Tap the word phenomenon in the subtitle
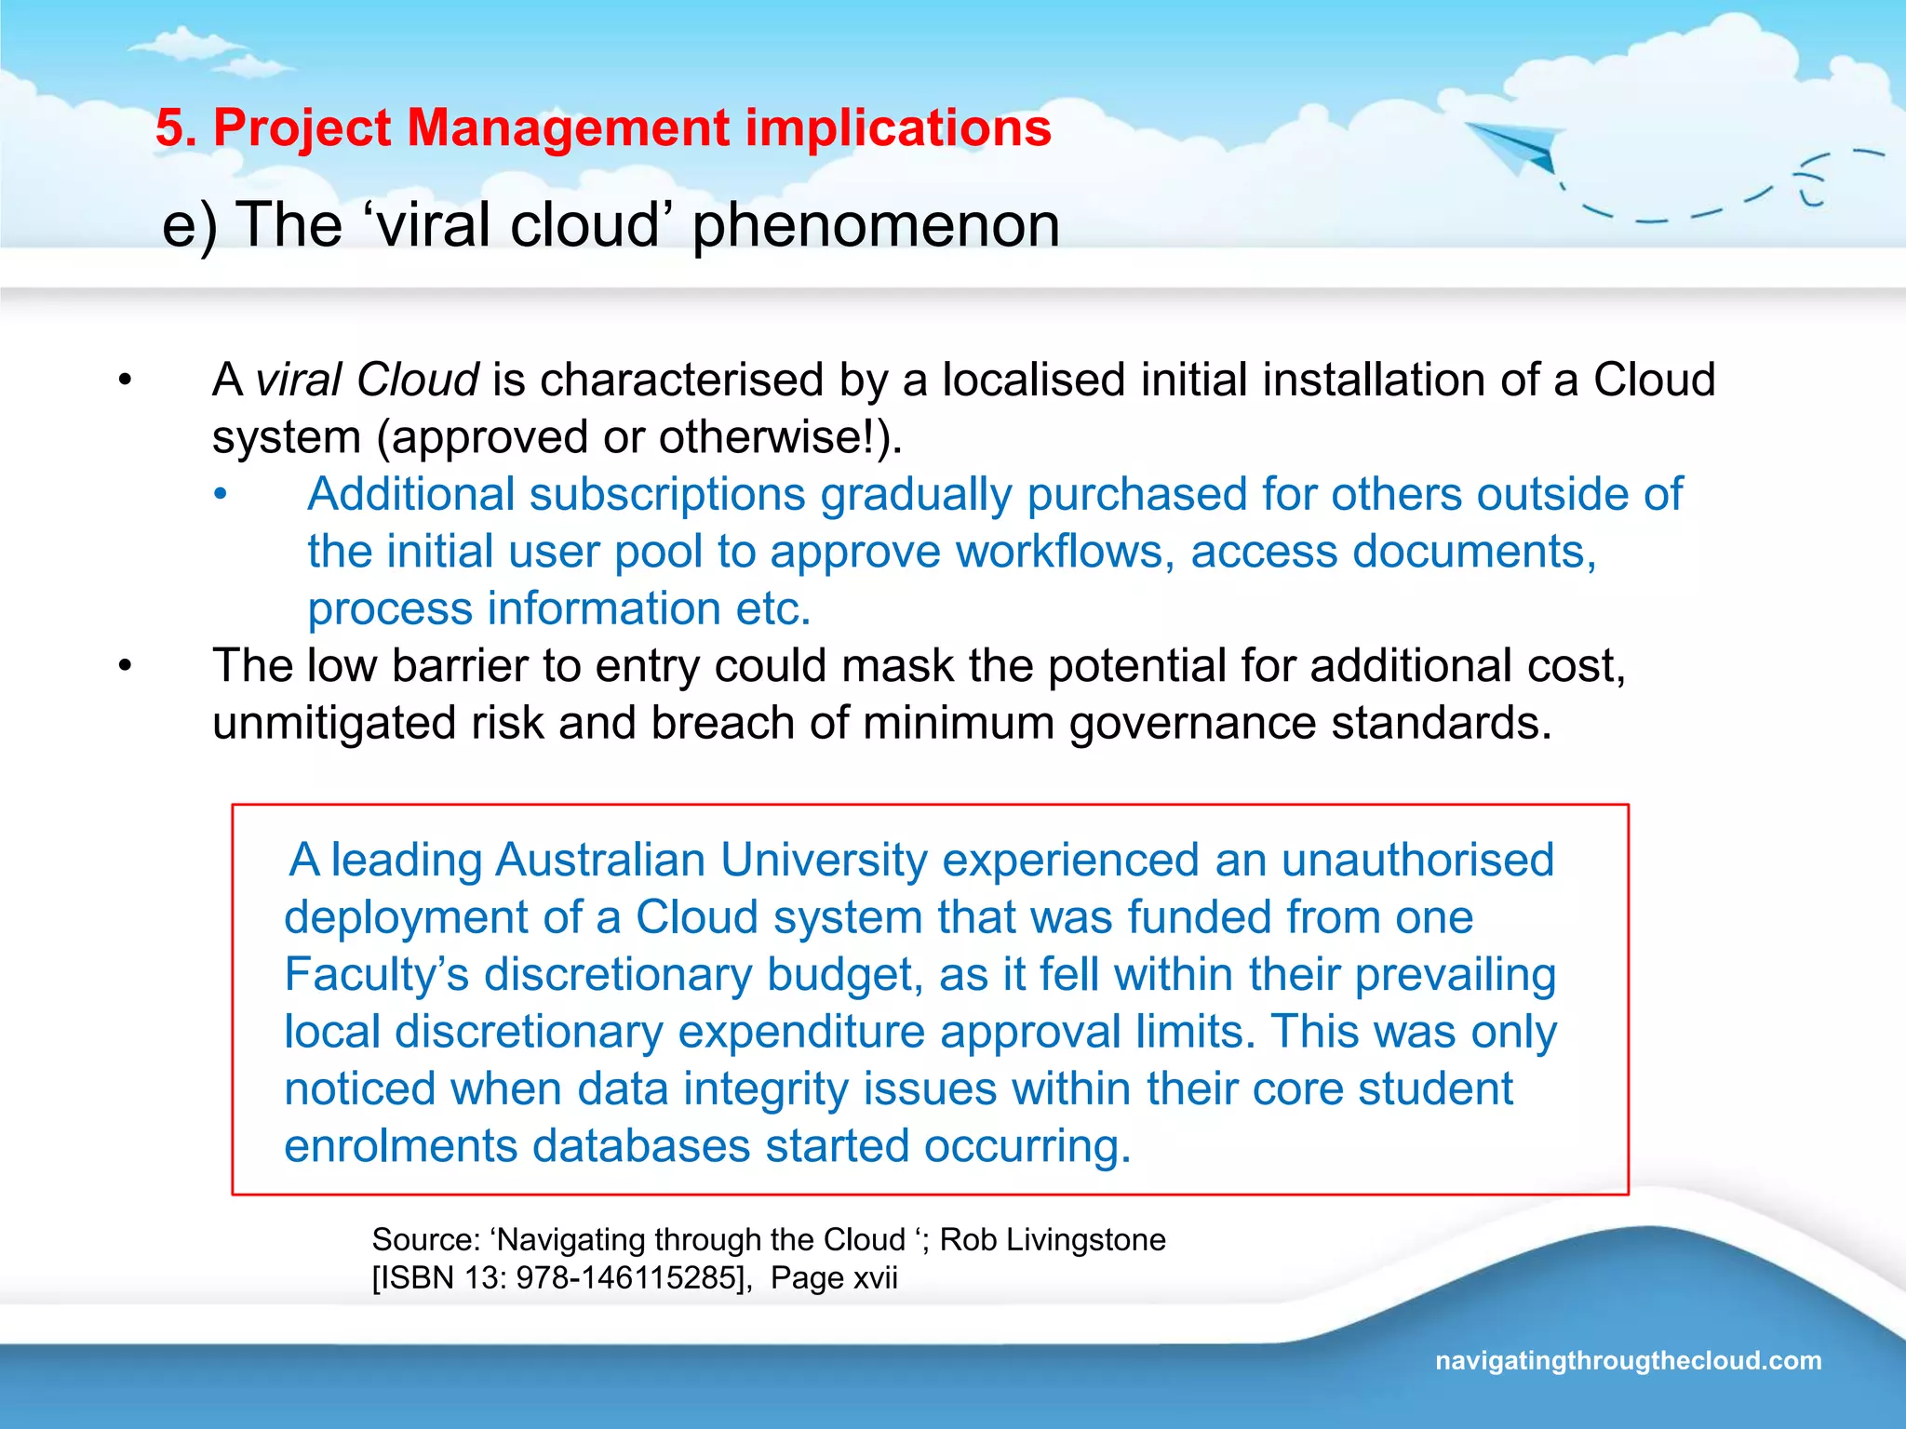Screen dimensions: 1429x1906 click(x=876, y=225)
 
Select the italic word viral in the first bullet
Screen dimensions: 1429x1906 click(x=300, y=380)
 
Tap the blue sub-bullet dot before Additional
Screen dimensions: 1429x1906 click(x=220, y=495)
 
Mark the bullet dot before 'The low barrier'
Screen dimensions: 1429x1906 click(x=125, y=666)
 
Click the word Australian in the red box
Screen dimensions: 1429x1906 click(x=600, y=860)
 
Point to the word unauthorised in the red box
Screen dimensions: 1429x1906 click(x=1417, y=860)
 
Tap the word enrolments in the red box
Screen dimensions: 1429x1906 click(x=400, y=1146)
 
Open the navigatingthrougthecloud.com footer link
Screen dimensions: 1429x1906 click(x=1628, y=1360)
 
